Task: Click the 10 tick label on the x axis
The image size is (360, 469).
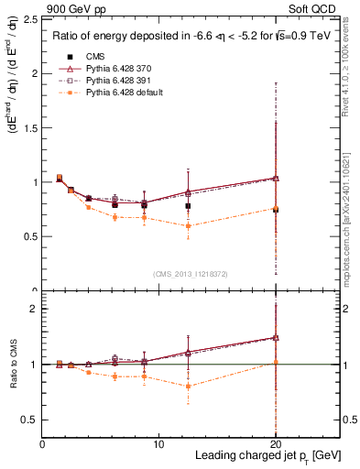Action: (158, 444)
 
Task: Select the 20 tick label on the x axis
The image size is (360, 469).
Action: (275, 444)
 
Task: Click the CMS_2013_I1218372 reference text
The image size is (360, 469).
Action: (191, 274)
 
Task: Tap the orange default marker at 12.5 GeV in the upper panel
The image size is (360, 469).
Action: (188, 225)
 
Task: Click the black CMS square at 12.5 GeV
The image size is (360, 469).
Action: (188, 206)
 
